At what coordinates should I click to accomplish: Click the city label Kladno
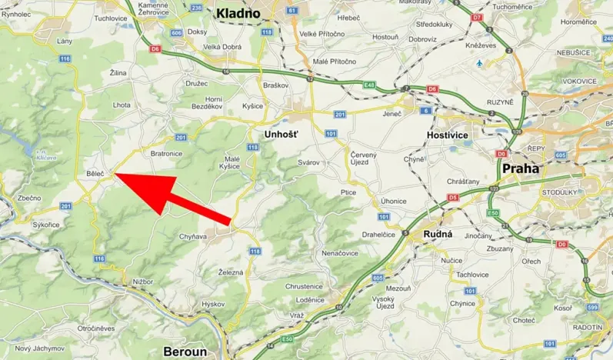click(241, 12)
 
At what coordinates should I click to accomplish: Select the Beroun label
click(185, 352)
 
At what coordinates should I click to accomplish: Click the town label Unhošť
click(280, 134)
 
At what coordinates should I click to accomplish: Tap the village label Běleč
click(95, 175)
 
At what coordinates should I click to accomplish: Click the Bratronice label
click(165, 153)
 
